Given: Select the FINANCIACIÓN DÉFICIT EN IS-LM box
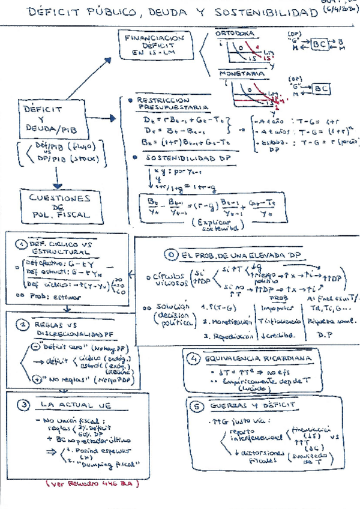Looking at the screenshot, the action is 155,45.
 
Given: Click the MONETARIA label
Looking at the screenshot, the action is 242,74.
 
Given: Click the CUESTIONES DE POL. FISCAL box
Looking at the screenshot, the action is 58,205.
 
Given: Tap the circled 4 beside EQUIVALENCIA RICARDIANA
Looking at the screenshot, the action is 193,360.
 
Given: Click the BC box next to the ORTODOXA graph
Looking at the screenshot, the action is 321,45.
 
